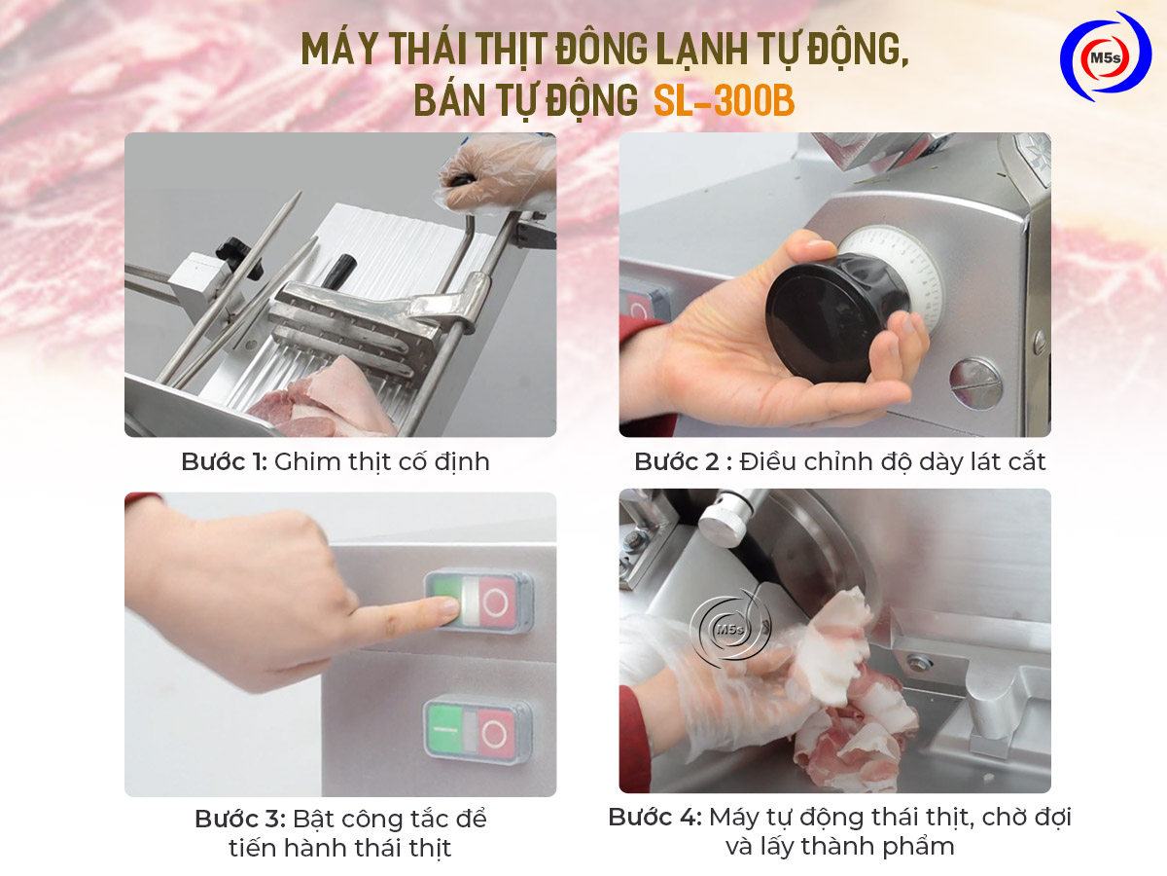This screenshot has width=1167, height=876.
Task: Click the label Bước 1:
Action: click(224, 461)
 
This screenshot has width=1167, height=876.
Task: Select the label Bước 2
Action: click(677, 461)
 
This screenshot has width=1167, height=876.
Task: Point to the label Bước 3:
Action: click(239, 819)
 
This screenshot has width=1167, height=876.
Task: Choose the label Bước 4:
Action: click(654, 817)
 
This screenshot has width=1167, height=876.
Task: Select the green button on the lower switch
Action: click(444, 730)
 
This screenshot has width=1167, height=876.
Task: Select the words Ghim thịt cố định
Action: click(381, 461)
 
